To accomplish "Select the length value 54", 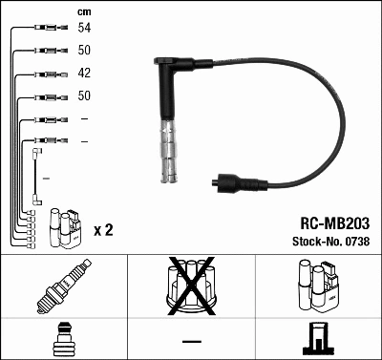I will click(85, 28).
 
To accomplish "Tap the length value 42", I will click(85, 73).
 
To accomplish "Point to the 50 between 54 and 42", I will click(85, 50).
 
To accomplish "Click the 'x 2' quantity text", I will click(104, 230).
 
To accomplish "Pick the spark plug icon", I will click(63, 286).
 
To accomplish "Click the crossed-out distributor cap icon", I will click(190, 286).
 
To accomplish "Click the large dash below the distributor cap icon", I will click(191, 341).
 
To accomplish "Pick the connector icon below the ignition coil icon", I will click(317, 338).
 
